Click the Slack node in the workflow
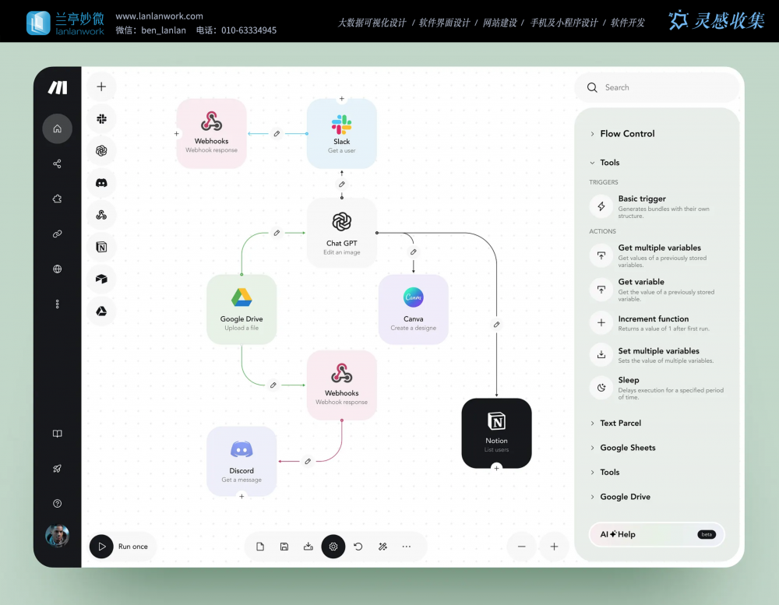pyautogui.click(x=341, y=132)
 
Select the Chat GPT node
pyautogui.click(x=341, y=232)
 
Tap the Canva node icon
pyautogui.click(x=413, y=297)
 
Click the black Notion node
pyautogui.click(x=496, y=433)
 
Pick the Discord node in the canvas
pyautogui.click(x=241, y=461)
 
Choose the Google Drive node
pyautogui.click(x=241, y=308)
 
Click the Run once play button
pyautogui.click(x=101, y=547)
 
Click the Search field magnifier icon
pyautogui.click(x=592, y=88)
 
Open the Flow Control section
pyautogui.click(x=627, y=134)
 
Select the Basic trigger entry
pyautogui.click(x=642, y=199)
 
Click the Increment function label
pyautogui.click(x=653, y=319)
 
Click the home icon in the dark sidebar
pyautogui.click(x=57, y=128)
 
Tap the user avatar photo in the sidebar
pyautogui.click(x=57, y=535)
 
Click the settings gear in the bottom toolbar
pyautogui.click(x=333, y=547)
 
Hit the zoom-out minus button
pyautogui.click(x=521, y=547)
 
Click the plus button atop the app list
pyautogui.click(x=101, y=86)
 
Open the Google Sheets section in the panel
pyautogui.click(x=627, y=448)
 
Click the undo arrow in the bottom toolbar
pyautogui.click(x=358, y=547)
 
